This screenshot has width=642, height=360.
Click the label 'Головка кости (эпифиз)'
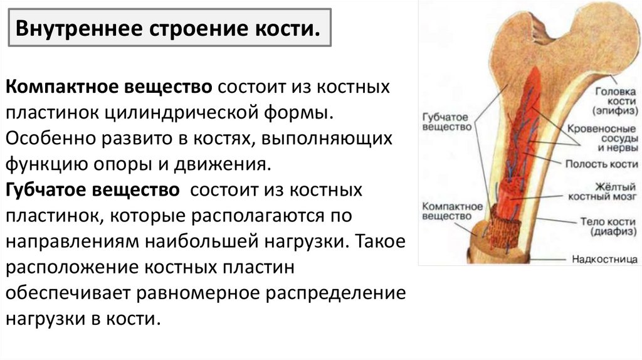point(614,100)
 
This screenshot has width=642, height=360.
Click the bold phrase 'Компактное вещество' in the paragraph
point(111,86)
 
